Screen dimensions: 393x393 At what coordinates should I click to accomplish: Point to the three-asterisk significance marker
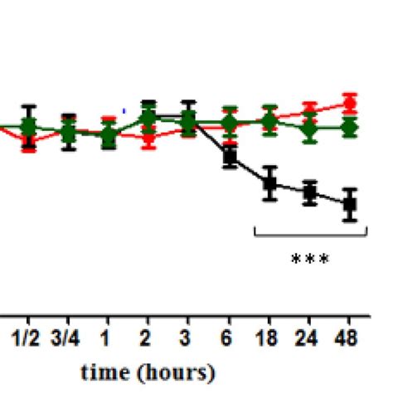(x=309, y=260)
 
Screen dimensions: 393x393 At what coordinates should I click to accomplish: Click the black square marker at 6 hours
(x=230, y=155)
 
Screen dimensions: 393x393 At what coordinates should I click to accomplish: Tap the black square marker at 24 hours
(x=309, y=193)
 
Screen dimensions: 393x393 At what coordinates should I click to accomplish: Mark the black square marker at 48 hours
(x=350, y=203)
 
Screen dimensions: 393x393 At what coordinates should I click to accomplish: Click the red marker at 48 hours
(x=350, y=104)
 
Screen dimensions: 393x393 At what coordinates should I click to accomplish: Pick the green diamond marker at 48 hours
(x=350, y=128)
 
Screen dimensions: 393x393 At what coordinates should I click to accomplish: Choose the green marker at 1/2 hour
(x=29, y=127)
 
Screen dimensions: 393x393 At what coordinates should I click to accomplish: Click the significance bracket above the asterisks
(x=309, y=235)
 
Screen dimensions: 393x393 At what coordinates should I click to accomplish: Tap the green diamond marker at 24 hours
(x=309, y=128)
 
